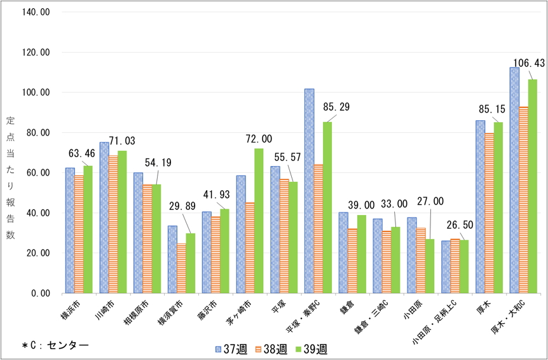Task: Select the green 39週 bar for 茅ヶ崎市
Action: click(x=258, y=221)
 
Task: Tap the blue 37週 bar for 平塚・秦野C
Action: click(x=309, y=191)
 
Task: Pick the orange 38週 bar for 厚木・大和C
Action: click(x=523, y=200)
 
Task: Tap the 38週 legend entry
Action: click(x=270, y=349)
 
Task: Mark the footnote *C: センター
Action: click(x=55, y=345)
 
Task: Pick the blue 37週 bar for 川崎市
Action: click(x=104, y=218)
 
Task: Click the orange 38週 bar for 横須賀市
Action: click(x=181, y=268)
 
